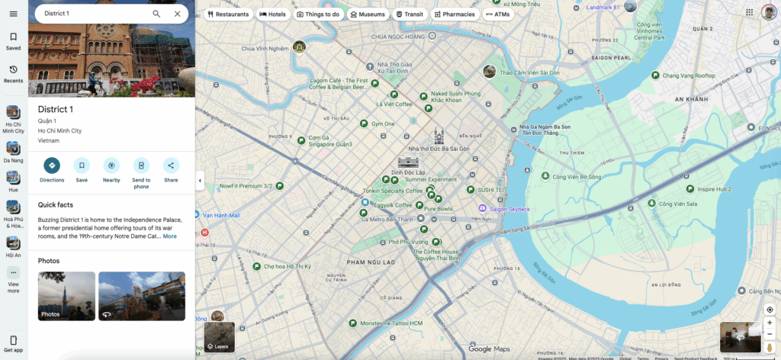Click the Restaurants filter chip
[x=229, y=14]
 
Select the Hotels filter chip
[x=272, y=14]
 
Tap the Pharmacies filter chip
[x=455, y=14]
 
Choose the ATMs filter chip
[x=498, y=14]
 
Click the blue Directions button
[x=52, y=166]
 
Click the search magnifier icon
[x=156, y=14]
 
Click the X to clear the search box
[x=178, y=14]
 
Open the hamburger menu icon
[x=13, y=14]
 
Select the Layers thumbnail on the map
[x=219, y=337]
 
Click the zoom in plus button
[x=770, y=323]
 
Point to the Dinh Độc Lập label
[x=408, y=172]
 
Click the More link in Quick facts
[x=169, y=236]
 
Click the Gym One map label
[x=382, y=124]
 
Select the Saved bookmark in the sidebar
[x=13, y=40]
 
